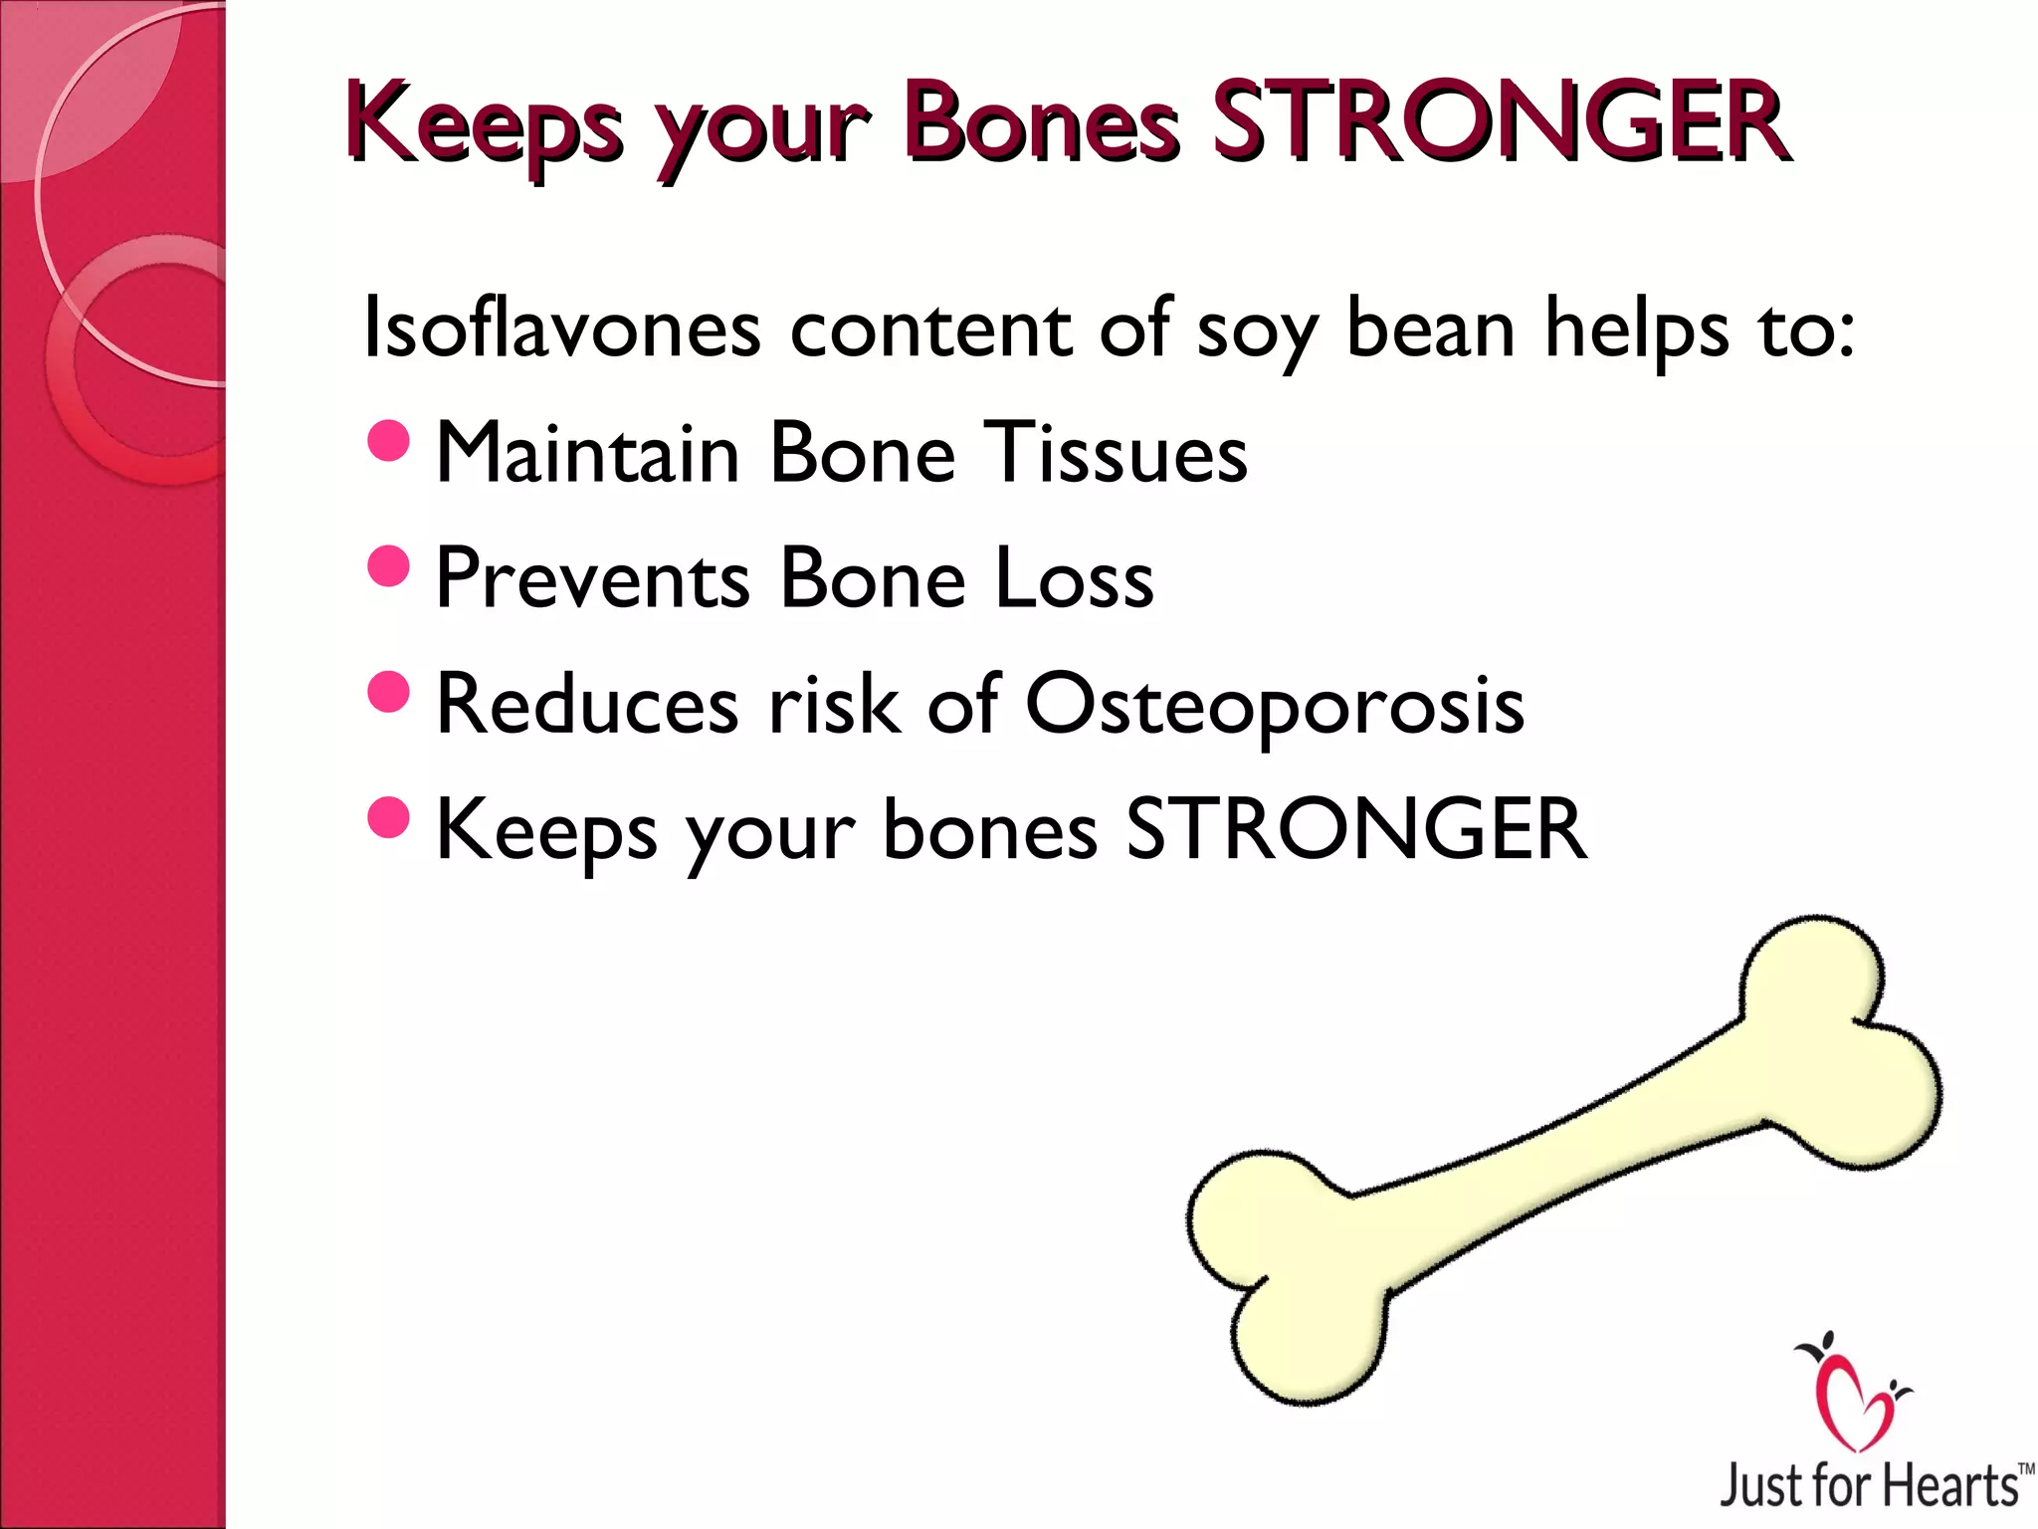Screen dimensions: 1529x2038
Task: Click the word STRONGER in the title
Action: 1501,123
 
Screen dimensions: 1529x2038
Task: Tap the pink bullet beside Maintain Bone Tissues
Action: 388,441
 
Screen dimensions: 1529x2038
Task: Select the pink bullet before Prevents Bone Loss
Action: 388,566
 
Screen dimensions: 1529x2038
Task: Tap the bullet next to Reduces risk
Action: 388,692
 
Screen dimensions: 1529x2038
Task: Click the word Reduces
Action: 587,704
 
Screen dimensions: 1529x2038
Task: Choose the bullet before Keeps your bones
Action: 388,817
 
